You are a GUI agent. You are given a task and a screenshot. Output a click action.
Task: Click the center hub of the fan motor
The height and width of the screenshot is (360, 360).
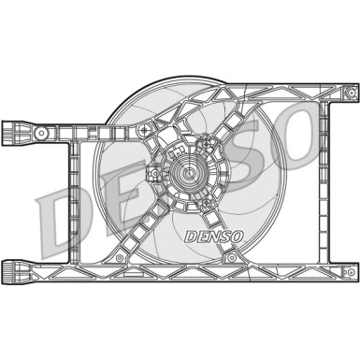(x=186, y=173)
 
